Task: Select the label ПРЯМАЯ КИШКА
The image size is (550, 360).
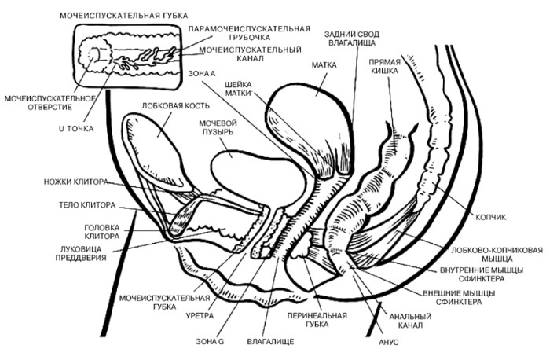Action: pos(390,65)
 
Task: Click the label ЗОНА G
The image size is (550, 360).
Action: pos(210,342)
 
